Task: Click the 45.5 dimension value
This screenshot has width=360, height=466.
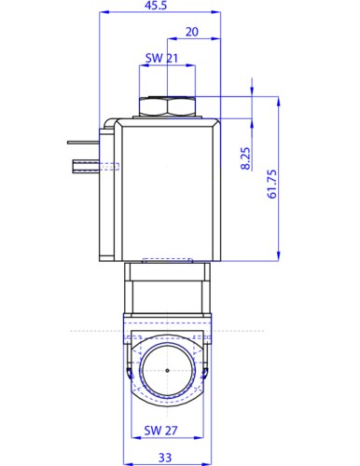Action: click(x=156, y=6)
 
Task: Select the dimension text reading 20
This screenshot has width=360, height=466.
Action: click(x=192, y=32)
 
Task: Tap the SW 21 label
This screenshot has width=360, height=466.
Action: click(x=161, y=58)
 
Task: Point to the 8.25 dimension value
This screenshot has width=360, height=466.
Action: click(x=245, y=158)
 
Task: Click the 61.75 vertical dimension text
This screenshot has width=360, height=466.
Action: click(x=271, y=184)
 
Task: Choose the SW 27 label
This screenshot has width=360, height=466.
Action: click(x=160, y=431)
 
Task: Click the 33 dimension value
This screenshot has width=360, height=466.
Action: click(x=165, y=458)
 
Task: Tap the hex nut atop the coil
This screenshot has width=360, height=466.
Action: click(x=167, y=106)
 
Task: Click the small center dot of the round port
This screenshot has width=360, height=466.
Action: click(x=168, y=370)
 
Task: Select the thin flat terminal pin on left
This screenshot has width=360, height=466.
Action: click(x=83, y=143)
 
